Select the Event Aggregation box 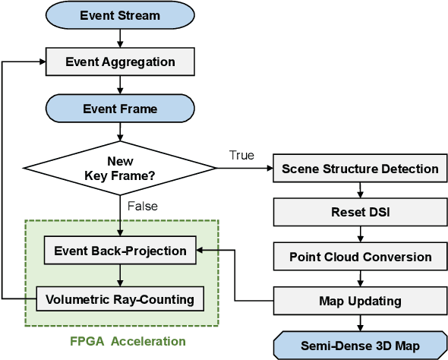120,62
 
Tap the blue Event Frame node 120,109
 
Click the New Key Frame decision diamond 119,168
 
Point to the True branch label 241,156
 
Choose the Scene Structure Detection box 360,169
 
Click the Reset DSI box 360,213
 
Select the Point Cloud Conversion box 360,257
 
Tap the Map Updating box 360,301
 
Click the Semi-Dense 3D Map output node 360,344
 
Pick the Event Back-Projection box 120,250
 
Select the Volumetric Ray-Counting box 120,298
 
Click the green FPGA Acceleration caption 121,341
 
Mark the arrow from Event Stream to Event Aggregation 120,38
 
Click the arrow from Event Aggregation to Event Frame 120,85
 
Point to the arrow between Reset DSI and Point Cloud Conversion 360,235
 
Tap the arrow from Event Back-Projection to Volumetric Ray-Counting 120,274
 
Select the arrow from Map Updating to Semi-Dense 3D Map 360,322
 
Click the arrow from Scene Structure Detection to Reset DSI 360,191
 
